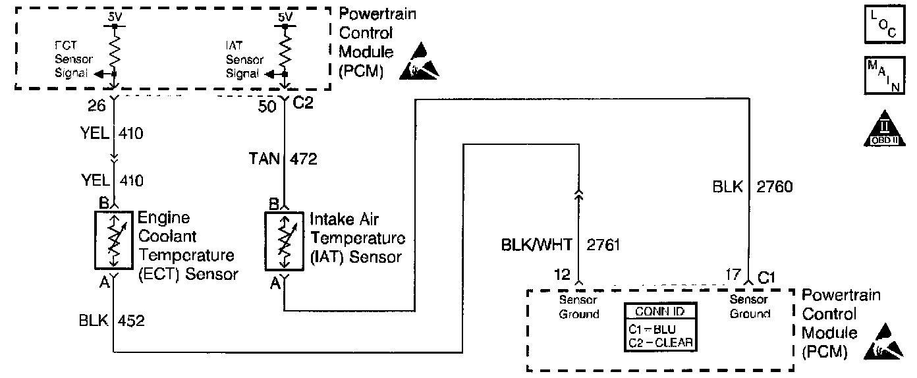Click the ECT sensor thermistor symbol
(x=114, y=240)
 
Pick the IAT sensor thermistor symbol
(x=284, y=240)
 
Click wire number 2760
(x=774, y=187)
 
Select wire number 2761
(x=602, y=246)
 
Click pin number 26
(x=97, y=106)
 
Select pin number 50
(x=267, y=106)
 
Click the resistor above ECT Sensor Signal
(x=114, y=47)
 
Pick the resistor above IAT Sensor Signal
(x=285, y=47)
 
